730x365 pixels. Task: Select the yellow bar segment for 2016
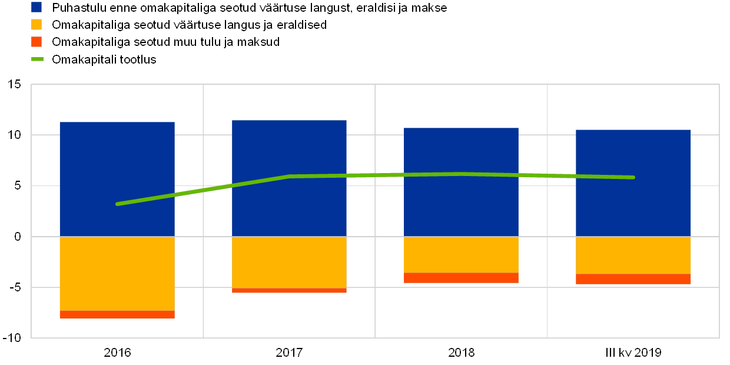coord(117,273)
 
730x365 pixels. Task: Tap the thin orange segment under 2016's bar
coord(117,314)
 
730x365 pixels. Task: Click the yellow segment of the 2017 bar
coord(289,262)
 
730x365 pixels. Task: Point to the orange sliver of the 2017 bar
coord(289,290)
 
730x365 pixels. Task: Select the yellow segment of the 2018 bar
coord(461,254)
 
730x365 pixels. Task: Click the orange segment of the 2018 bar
coord(461,278)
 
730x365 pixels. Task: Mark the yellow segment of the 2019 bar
coord(633,255)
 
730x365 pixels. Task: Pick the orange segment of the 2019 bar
coord(633,279)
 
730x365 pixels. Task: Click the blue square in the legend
coord(36,7)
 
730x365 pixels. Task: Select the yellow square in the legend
coord(36,25)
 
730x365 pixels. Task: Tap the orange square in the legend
coord(36,42)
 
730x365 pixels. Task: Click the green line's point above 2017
coord(289,176)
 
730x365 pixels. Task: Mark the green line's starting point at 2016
coord(117,204)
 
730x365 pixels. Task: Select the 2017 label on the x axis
coord(289,353)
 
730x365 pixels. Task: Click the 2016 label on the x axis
coord(117,353)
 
